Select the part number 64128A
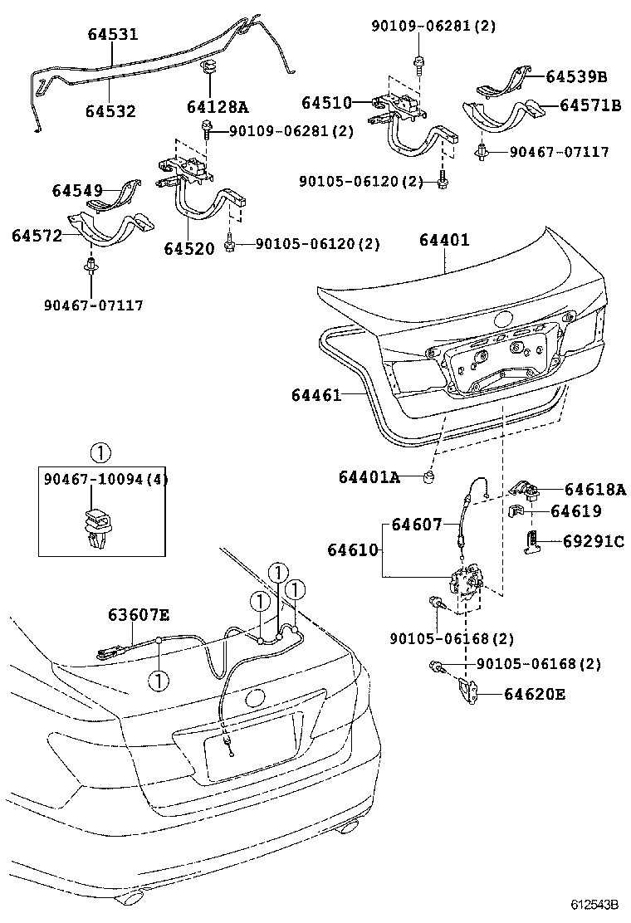coord(217,107)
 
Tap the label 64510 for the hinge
coord(326,103)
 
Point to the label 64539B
coord(576,77)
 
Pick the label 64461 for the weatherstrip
coord(316,395)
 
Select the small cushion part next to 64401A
coord(430,476)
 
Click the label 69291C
coord(593,541)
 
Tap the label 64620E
coord(534,694)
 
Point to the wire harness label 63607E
coord(139,614)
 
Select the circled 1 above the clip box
coord(99,453)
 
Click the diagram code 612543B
coord(594,904)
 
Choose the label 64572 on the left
coord(37,236)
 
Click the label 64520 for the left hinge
coord(189,248)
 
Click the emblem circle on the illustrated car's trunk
coord(255,698)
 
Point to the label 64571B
coord(590,105)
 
